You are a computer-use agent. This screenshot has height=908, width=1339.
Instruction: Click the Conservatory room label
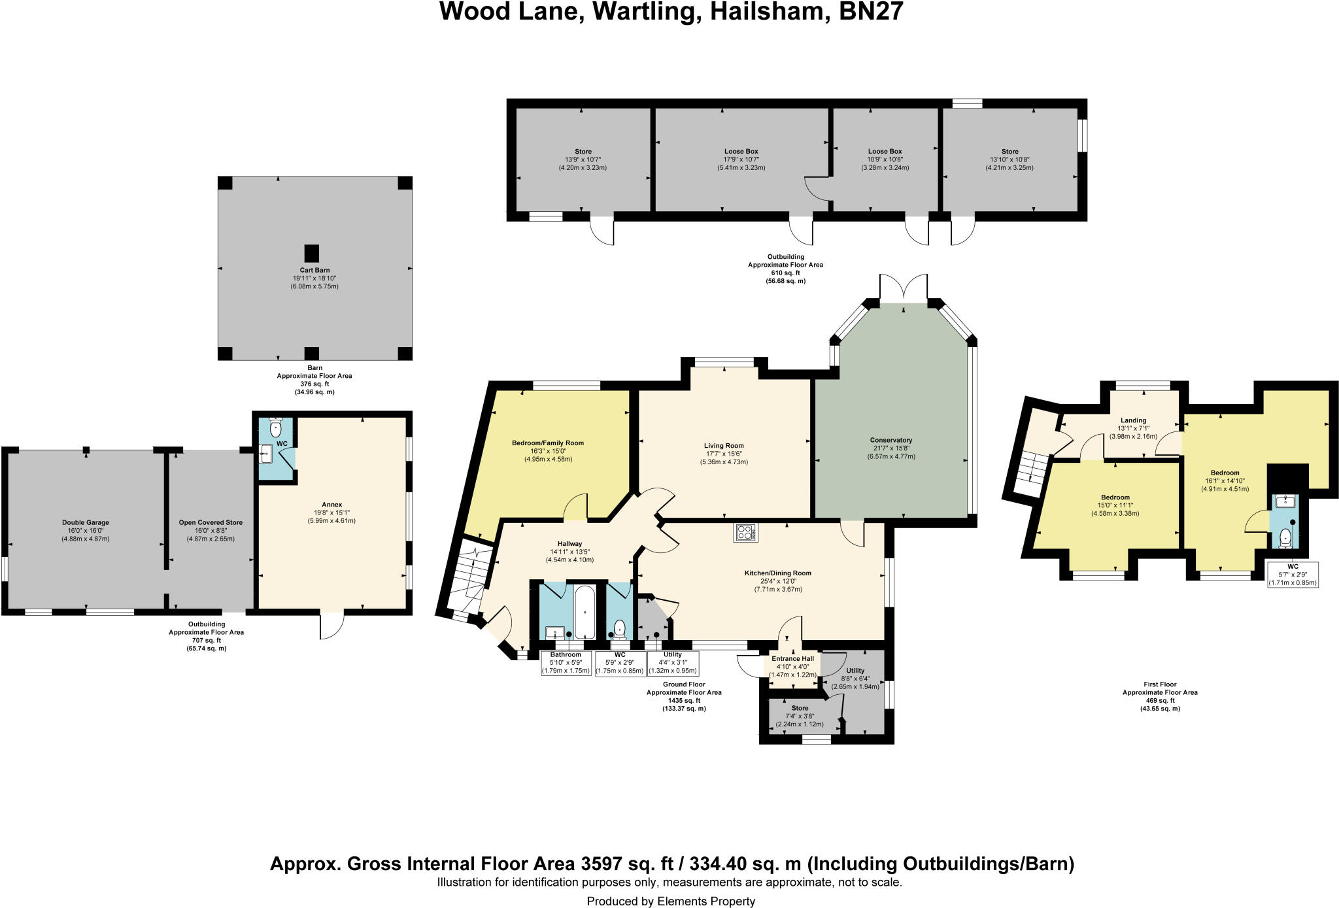point(890,440)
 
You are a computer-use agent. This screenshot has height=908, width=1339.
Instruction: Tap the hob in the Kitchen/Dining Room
point(746,533)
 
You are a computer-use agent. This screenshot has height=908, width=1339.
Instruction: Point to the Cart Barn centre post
point(312,254)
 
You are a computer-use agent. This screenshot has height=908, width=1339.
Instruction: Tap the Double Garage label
point(86,522)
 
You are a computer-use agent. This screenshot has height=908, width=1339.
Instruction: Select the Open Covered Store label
point(211,522)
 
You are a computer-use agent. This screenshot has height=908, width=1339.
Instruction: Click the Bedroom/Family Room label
point(547,443)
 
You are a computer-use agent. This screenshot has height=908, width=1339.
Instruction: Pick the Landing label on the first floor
point(1133,420)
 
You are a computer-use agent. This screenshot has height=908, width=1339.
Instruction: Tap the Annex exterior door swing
point(331,626)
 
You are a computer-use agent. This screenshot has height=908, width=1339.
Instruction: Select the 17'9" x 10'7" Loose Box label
point(741,151)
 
